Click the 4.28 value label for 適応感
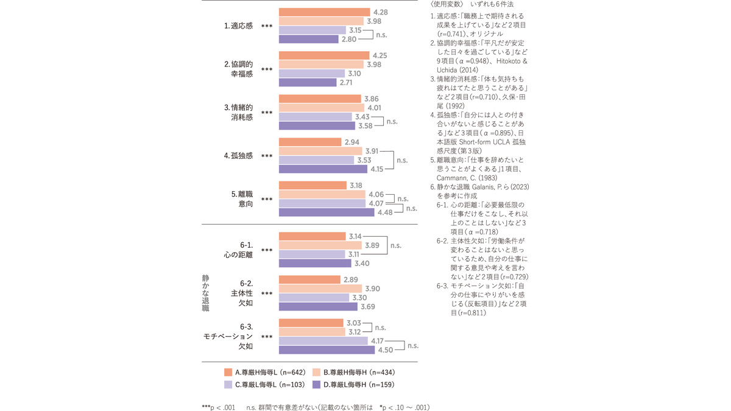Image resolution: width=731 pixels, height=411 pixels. [380, 12]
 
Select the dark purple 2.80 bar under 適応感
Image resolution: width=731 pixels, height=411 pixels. [308, 40]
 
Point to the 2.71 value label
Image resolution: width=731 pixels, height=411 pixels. [347, 83]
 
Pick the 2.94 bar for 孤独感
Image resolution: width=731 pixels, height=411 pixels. [309, 142]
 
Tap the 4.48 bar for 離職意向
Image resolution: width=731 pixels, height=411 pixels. [327, 213]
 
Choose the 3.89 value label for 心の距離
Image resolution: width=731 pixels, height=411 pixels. [371, 245]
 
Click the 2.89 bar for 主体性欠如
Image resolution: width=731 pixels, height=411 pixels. [309, 279]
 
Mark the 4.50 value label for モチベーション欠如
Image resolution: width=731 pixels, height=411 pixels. [386, 350]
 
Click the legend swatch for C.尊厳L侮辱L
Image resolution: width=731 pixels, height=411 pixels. [228, 385]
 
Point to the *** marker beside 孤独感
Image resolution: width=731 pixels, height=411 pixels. [266, 156]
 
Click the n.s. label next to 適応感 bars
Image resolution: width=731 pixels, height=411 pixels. [382, 35]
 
